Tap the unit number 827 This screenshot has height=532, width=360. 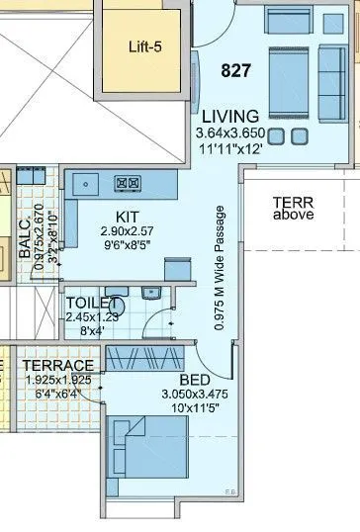click(x=237, y=71)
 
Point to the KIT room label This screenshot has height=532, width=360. click(x=128, y=216)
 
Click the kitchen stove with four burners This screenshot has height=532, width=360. click(x=130, y=182)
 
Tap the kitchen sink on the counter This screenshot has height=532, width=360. click(x=86, y=183)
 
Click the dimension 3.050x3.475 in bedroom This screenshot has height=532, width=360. click(x=195, y=394)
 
